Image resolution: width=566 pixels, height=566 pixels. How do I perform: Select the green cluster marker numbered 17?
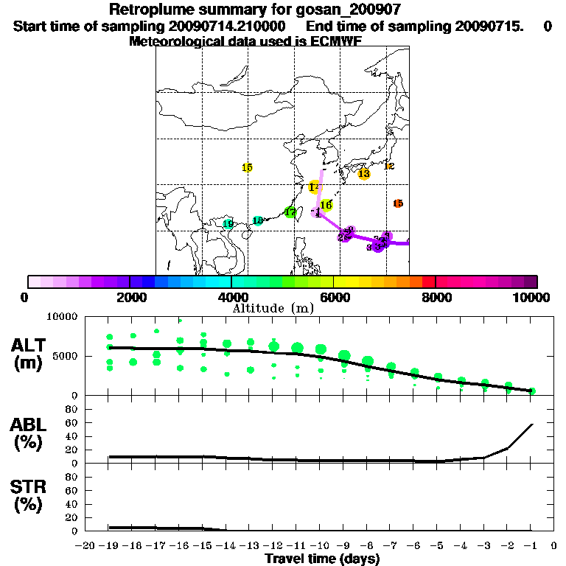[x=290, y=212]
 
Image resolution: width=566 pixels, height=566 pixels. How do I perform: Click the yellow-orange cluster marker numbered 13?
[x=363, y=173]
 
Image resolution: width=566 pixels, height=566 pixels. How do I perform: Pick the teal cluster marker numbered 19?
[x=228, y=224]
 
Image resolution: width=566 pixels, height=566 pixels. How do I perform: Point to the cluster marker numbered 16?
[x=326, y=205]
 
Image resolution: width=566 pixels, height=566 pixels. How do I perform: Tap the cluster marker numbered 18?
[x=258, y=220]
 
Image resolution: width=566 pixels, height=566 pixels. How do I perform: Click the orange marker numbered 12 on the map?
[x=389, y=166]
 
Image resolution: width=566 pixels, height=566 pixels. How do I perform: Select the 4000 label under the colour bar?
[x=231, y=297]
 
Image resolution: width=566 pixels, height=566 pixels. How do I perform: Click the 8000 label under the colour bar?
[x=436, y=297]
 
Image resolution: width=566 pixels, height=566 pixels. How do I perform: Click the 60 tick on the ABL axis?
[x=73, y=422]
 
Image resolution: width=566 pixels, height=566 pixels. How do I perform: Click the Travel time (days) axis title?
[x=322, y=559]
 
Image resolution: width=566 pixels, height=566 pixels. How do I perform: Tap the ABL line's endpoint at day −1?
[x=532, y=424]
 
